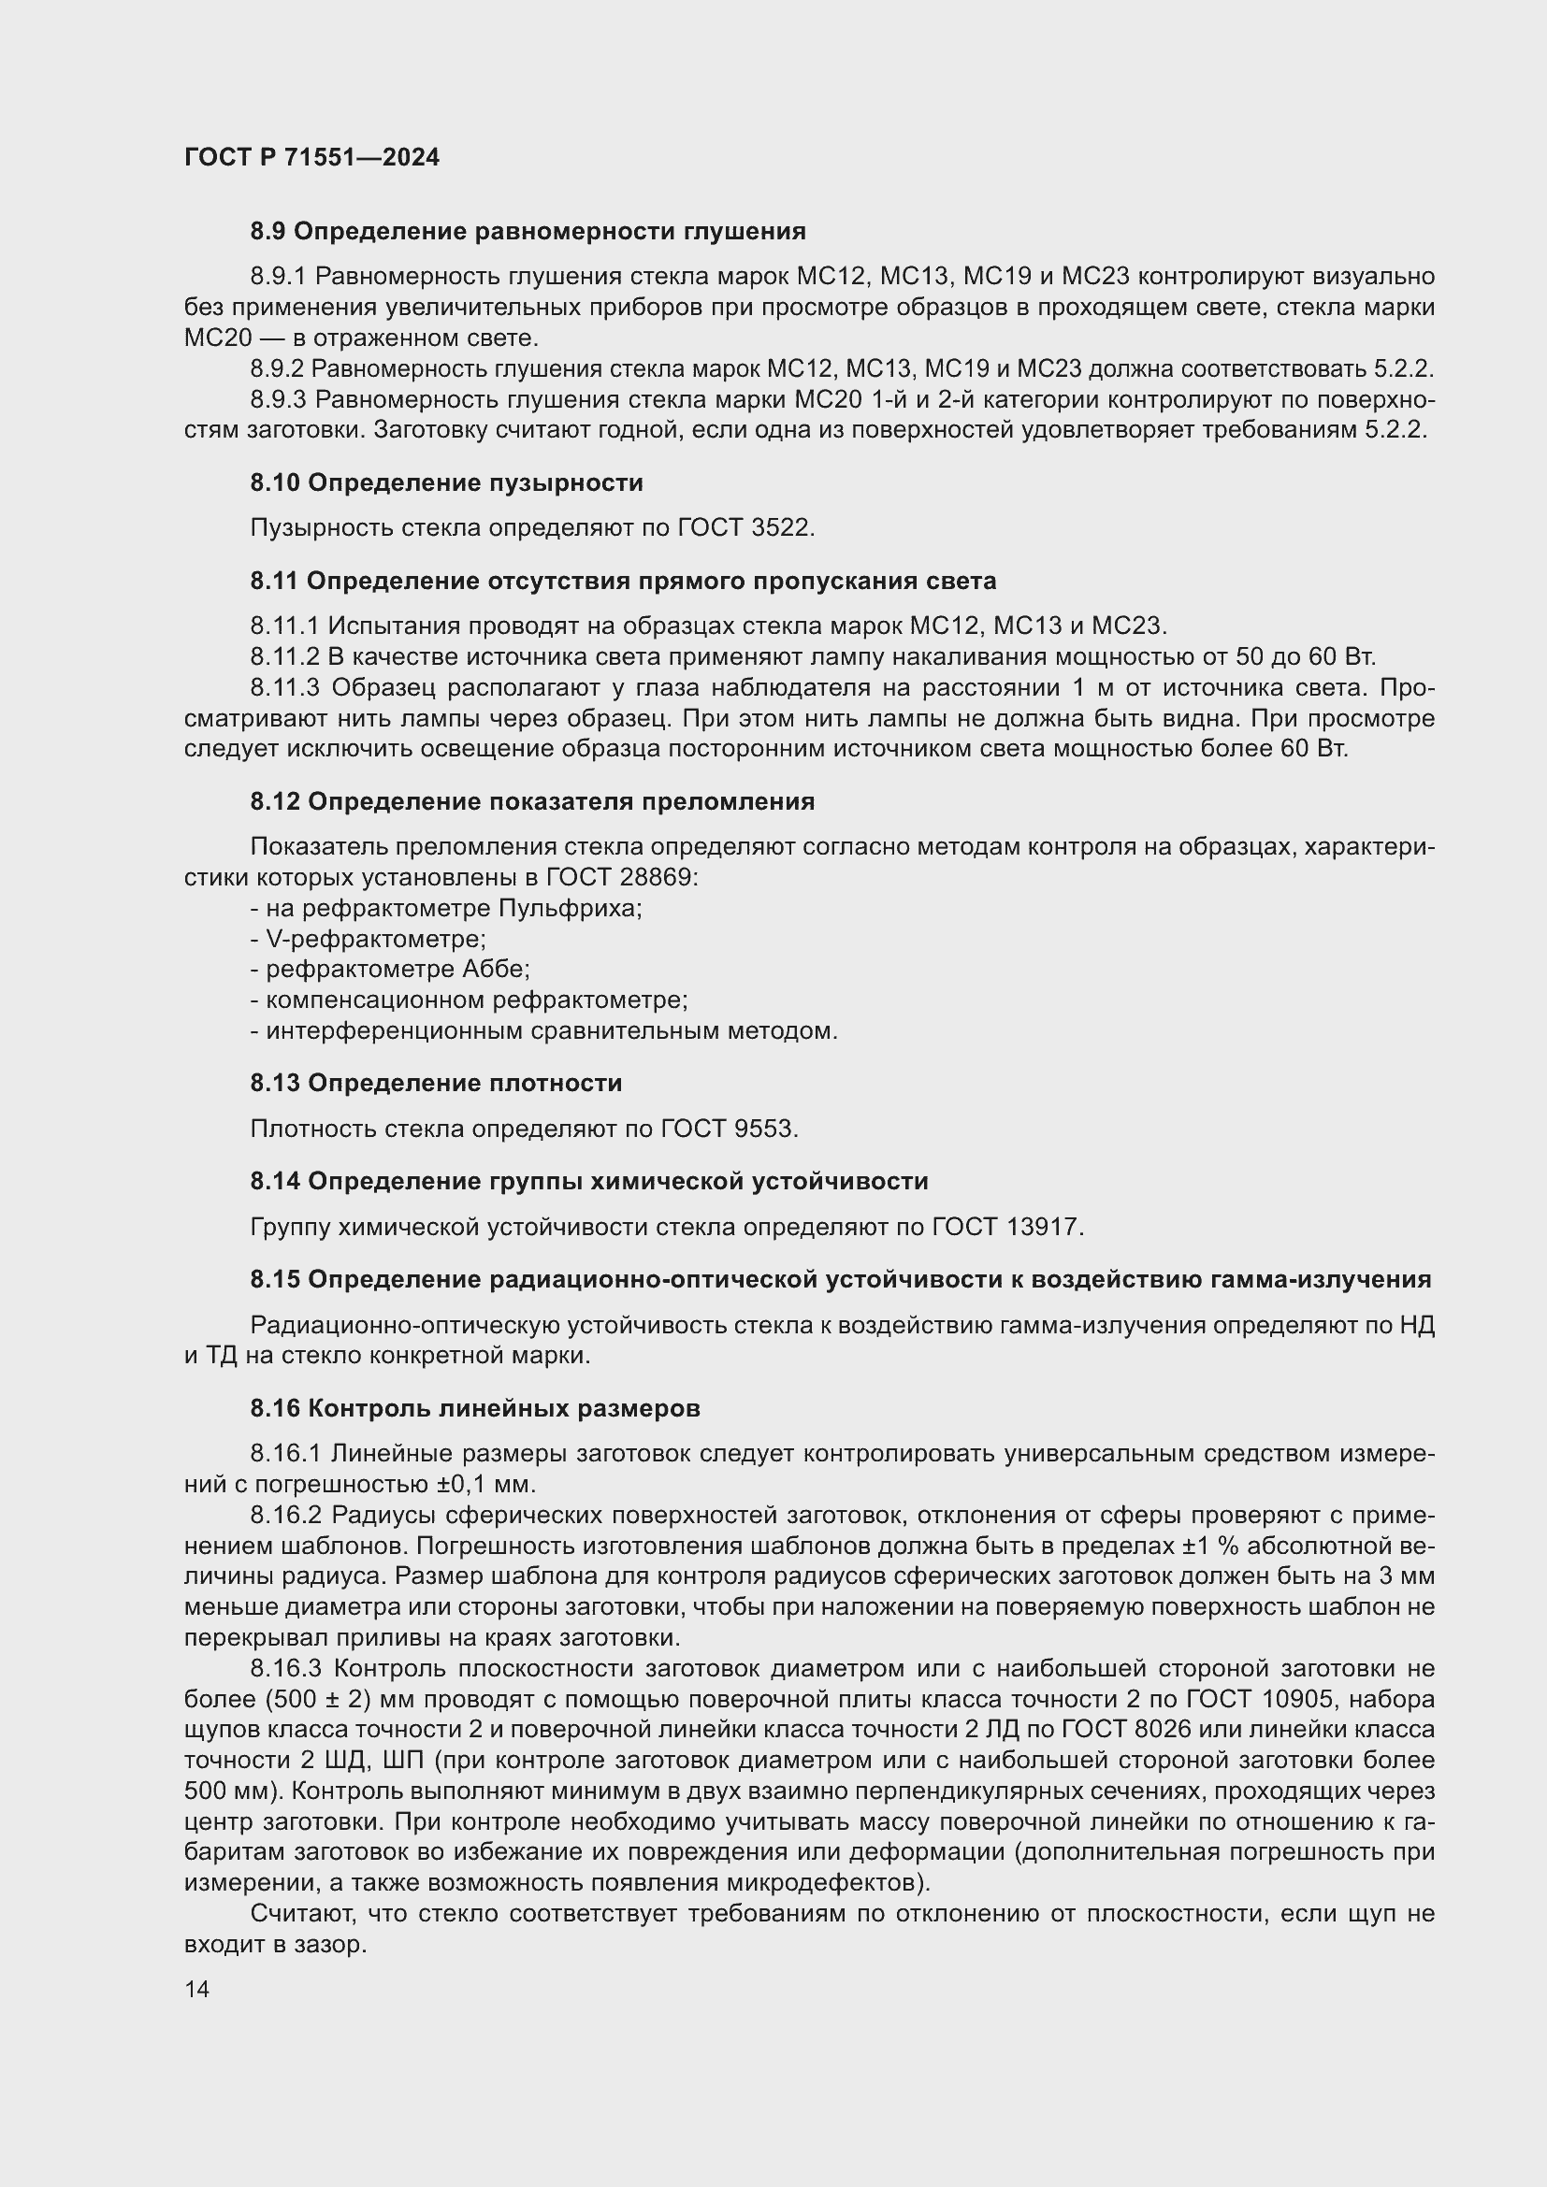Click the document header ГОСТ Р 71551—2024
pyautogui.click(x=311, y=157)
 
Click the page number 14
pyautogui.click(x=197, y=1989)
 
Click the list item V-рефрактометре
pyautogui.click(x=369, y=939)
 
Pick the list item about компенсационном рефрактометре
pyautogui.click(x=469, y=1000)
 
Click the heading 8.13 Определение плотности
pyautogui.click(x=436, y=1083)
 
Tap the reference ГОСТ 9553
pyautogui.click(x=728, y=1129)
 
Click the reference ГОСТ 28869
pyautogui.click(x=622, y=877)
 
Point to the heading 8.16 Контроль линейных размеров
pyautogui.click(x=475, y=1409)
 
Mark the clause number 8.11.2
pyautogui.click(x=285, y=657)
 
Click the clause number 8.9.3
pyautogui.click(x=278, y=399)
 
